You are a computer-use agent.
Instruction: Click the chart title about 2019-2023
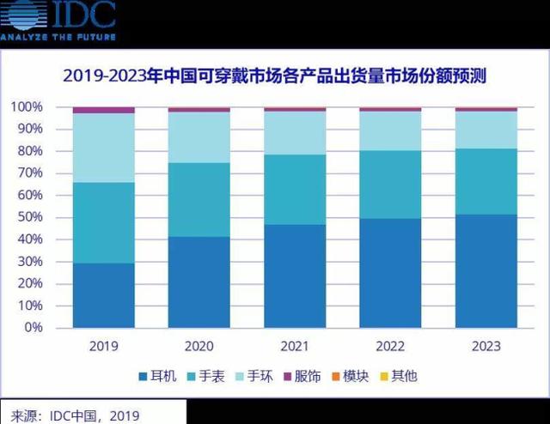[275, 76]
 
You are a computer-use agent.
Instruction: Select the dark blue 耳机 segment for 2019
[103, 295]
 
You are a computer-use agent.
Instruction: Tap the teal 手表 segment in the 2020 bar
[199, 199]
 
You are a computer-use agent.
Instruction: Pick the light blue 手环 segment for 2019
[103, 148]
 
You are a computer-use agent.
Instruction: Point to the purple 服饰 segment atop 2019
[103, 110]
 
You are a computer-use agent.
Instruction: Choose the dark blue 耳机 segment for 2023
[486, 270]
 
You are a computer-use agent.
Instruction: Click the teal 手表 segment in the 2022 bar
[390, 185]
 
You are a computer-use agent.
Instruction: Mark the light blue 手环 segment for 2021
[295, 133]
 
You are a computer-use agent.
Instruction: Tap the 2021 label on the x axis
[295, 347]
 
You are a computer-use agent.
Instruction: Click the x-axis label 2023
[486, 347]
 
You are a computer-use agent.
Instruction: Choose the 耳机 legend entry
[158, 375]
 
